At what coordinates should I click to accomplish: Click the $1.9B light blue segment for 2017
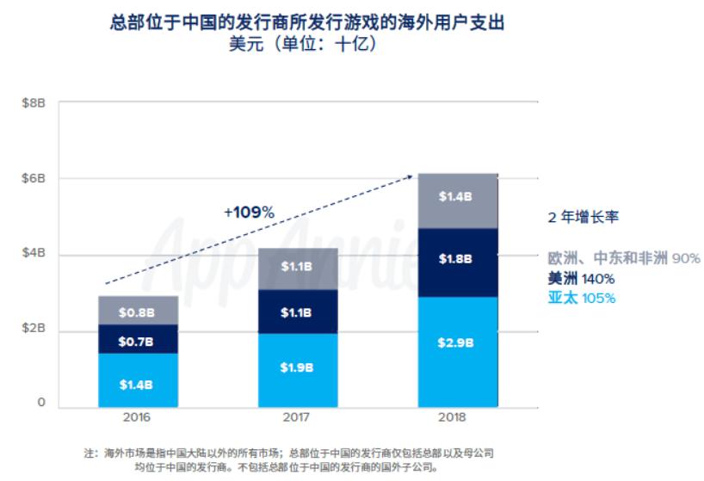coord(297,367)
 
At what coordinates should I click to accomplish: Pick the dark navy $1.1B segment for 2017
coord(297,312)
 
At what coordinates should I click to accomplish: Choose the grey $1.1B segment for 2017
coord(297,268)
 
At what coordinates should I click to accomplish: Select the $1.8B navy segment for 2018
coord(458,259)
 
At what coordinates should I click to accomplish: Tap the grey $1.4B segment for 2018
coord(458,197)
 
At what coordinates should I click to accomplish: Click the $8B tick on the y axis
coord(34,103)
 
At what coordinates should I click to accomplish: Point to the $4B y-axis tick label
coord(34,255)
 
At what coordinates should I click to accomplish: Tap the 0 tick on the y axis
coord(40,402)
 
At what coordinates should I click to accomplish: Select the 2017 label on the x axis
coord(297,419)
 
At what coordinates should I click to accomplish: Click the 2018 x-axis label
coord(458,419)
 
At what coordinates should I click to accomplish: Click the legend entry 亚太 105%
coord(581,299)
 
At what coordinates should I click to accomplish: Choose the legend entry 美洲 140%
coord(581,279)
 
